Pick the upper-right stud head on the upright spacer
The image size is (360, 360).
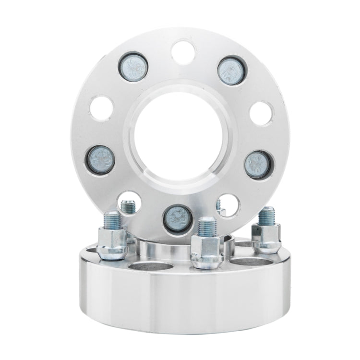(x=231, y=71)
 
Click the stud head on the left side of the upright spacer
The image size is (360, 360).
(x=100, y=159)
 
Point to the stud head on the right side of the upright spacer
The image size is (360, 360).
(x=258, y=164)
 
